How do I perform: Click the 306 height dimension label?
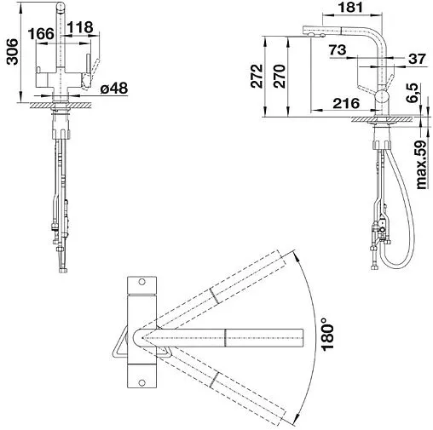click(13, 52)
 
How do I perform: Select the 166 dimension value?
click(41, 34)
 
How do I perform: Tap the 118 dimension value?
click(80, 27)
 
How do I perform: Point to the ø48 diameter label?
click(114, 89)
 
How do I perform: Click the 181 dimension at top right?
click(350, 7)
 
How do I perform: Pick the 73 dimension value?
click(338, 50)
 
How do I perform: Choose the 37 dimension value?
click(417, 59)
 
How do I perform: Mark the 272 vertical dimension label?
click(257, 76)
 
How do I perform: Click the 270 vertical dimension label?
click(279, 76)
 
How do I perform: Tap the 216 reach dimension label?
click(346, 104)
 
